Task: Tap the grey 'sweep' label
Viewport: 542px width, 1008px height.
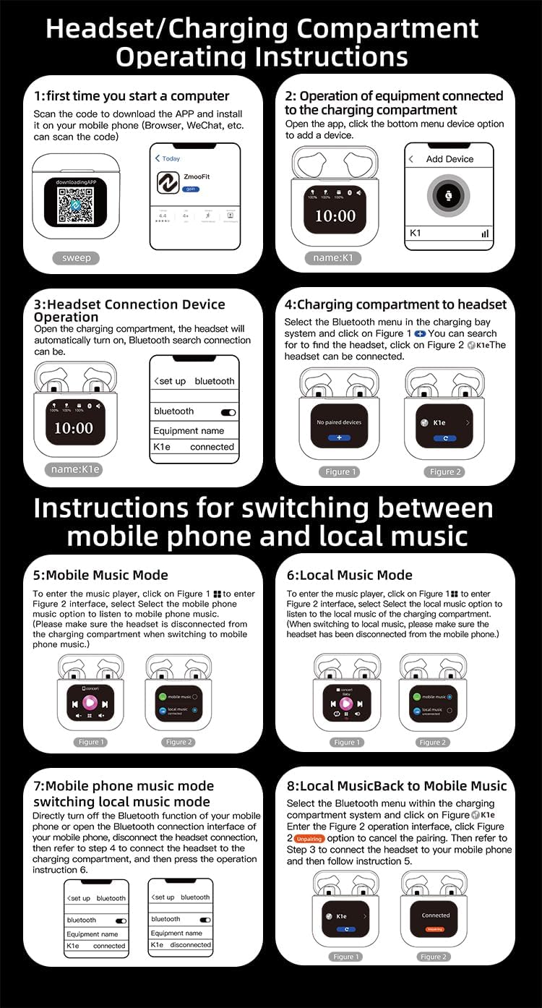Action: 76,258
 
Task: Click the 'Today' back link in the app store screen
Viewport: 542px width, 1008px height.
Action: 168,158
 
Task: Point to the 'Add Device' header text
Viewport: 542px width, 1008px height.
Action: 449,159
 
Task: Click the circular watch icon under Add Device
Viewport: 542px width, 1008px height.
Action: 448,195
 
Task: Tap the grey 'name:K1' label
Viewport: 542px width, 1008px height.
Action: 332,258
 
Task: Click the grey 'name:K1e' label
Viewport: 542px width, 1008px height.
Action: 75,469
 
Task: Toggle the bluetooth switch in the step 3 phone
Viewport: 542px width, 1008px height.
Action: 228,412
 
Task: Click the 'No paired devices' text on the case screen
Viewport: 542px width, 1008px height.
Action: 339,422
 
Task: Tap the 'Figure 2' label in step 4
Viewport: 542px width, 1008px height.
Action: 442,472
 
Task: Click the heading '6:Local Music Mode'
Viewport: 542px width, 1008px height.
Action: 349,576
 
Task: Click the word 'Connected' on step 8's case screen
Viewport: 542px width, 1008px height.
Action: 436,915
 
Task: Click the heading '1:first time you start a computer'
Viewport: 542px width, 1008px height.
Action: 132,96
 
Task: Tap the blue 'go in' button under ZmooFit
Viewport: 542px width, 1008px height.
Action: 192,189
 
